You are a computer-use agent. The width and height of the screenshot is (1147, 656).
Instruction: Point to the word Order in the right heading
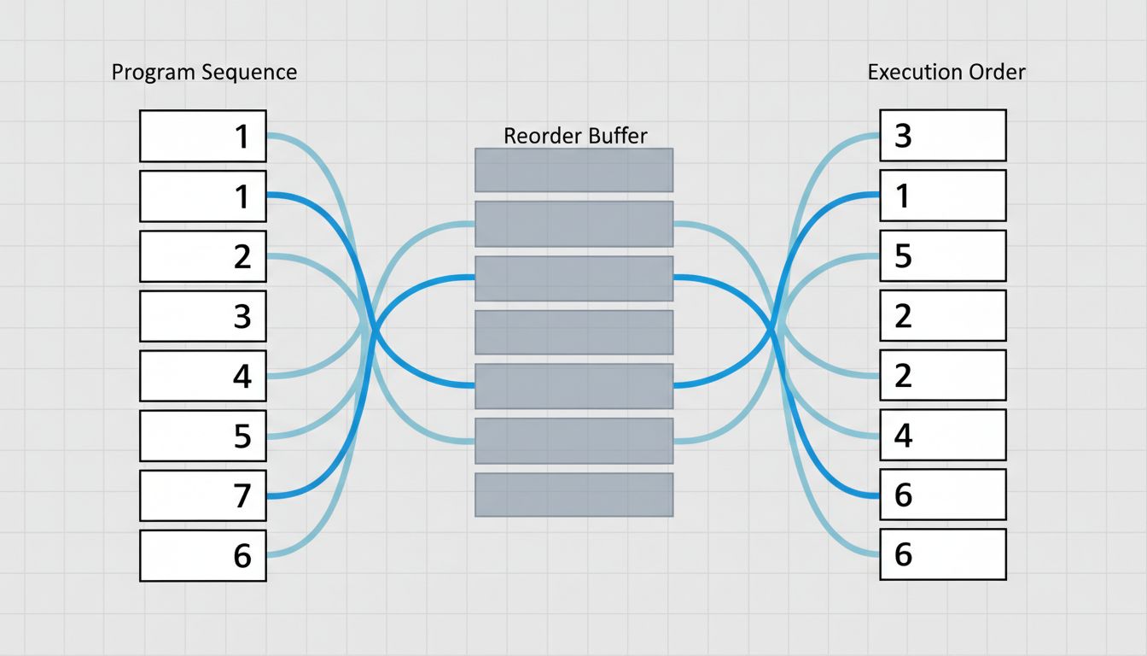[x=997, y=72]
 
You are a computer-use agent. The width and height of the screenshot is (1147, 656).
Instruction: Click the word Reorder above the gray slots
[x=535, y=135]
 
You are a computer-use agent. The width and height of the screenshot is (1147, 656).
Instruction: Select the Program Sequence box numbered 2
[x=203, y=256]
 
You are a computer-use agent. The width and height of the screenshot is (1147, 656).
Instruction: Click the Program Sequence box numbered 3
[x=203, y=316]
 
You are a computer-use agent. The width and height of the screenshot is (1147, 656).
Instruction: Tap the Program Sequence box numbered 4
[x=203, y=376]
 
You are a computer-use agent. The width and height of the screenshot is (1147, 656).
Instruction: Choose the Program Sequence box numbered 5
[x=203, y=436]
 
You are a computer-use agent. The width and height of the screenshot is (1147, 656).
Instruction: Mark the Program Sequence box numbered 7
[x=203, y=495]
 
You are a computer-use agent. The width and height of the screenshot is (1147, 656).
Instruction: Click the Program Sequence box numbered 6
[x=203, y=555]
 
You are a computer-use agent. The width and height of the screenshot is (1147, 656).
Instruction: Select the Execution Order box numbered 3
[x=943, y=135]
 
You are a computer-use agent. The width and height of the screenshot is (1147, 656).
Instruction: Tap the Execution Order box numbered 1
[x=943, y=196]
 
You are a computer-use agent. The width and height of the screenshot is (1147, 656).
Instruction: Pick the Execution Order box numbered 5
[x=943, y=255]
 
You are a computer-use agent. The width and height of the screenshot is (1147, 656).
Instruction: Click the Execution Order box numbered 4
[x=943, y=436]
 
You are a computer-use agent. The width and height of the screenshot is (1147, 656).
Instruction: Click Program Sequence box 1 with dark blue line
[x=203, y=196]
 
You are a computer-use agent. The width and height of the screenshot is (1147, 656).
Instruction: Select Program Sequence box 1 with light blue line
[x=203, y=136]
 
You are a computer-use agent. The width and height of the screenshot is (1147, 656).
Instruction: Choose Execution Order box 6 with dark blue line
[x=943, y=495]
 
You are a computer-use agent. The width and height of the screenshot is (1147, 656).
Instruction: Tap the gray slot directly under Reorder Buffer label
[x=574, y=170]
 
